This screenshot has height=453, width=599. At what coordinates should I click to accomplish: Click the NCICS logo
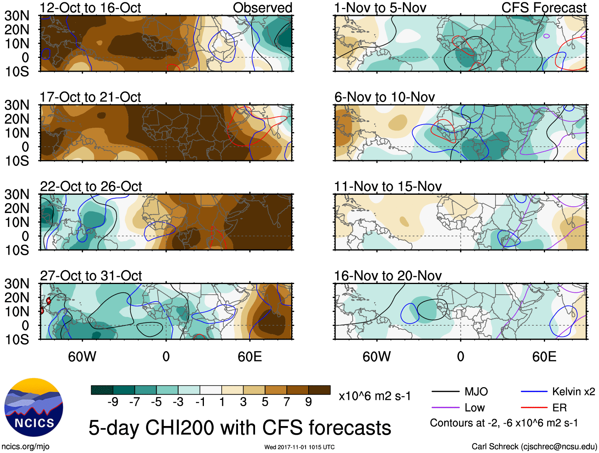[x=34, y=407]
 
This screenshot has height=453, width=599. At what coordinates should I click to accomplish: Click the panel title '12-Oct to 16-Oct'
[x=90, y=8]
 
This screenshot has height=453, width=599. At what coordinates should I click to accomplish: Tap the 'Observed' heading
[x=262, y=8]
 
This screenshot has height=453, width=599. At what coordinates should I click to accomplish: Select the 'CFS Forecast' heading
[x=543, y=8]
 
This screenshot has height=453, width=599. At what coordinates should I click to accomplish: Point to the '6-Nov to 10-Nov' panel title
[x=384, y=97]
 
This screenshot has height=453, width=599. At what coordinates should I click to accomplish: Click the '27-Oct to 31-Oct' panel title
[x=91, y=276]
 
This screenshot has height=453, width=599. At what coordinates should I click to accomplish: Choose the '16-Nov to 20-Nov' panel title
[x=388, y=276]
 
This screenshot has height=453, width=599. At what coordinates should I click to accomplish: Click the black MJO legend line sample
[x=445, y=392]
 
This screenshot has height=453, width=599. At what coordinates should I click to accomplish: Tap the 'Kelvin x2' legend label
[x=573, y=392]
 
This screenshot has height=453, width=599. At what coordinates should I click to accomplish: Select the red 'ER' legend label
[x=559, y=408]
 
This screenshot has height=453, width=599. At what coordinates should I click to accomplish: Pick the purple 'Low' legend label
[x=474, y=408]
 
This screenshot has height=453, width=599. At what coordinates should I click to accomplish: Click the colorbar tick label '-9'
[x=113, y=402]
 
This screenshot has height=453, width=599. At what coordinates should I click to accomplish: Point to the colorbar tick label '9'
[x=308, y=402]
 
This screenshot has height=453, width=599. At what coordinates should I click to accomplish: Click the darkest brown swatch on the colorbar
[x=319, y=390]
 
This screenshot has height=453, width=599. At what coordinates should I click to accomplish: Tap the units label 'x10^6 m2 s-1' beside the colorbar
[x=374, y=396]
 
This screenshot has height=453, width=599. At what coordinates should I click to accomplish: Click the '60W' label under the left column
[x=82, y=357]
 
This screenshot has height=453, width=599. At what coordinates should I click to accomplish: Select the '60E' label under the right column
[x=544, y=357]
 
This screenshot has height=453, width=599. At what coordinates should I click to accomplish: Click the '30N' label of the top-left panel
[x=17, y=16]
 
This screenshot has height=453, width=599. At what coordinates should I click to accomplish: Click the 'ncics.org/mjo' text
[x=25, y=447]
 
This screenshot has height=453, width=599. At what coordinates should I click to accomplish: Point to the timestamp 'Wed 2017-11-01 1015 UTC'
[x=299, y=447]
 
